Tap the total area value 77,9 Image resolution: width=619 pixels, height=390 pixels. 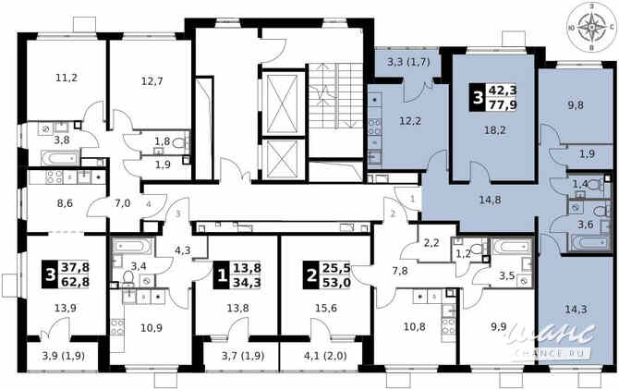tap(504, 106)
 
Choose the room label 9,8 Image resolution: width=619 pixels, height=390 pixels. tap(575, 104)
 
